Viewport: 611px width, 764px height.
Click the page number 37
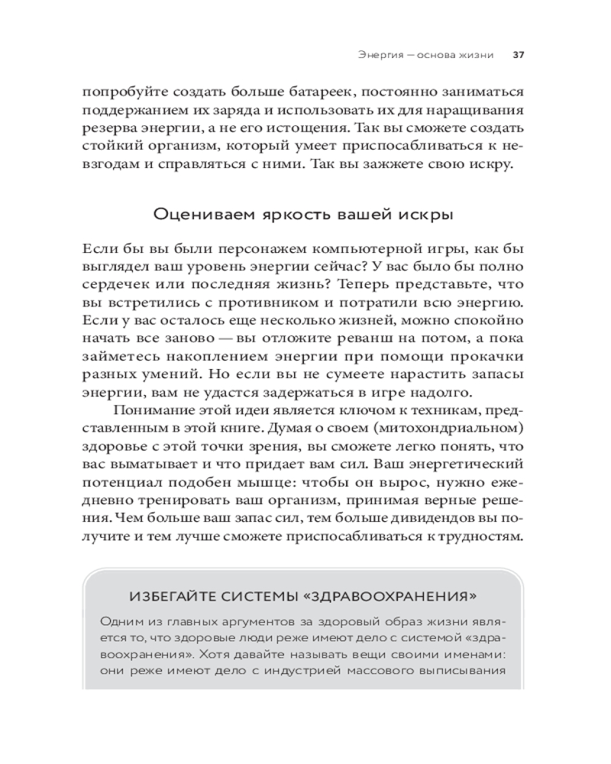pyautogui.click(x=517, y=55)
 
